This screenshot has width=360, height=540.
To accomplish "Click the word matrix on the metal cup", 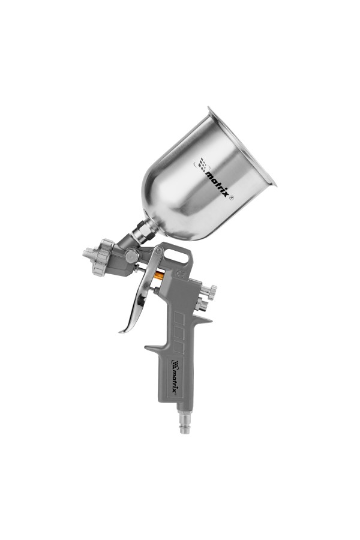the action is click(x=217, y=184).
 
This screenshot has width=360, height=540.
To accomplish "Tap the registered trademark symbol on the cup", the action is click(x=232, y=198).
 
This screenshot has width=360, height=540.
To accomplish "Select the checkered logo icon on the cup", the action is click(x=203, y=164).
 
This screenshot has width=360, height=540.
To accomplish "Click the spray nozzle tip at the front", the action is click(x=88, y=254).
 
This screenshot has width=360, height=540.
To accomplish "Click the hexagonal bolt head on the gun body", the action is click(x=132, y=256).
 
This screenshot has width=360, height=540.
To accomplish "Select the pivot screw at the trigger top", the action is click(x=158, y=250).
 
